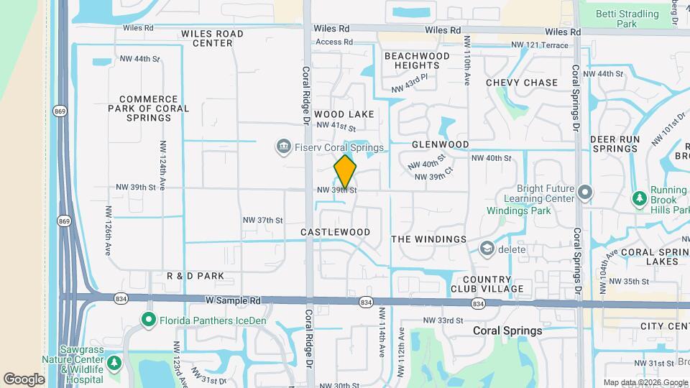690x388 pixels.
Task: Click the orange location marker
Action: (x=345, y=172)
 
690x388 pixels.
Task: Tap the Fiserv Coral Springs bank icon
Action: (x=283, y=147)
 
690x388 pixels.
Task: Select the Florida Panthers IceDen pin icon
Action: (x=149, y=319)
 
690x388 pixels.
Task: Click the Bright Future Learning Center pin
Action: (x=585, y=192)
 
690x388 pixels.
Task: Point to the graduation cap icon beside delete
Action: (x=487, y=249)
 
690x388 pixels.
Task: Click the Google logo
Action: (x=24, y=379)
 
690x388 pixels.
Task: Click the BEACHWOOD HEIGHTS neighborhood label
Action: (x=417, y=60)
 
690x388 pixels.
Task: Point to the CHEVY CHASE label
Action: (x=522, y=83)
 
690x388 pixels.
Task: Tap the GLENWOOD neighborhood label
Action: (x=441, y=144)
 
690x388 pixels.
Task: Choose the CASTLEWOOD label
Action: (x=335, y=232)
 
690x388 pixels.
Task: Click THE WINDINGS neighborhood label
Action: (x=428, y=239)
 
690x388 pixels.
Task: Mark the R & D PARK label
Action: (x=195, y=276)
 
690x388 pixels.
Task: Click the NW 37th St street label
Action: (x=263, y=220)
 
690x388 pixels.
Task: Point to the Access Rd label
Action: (x=334, y=42)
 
